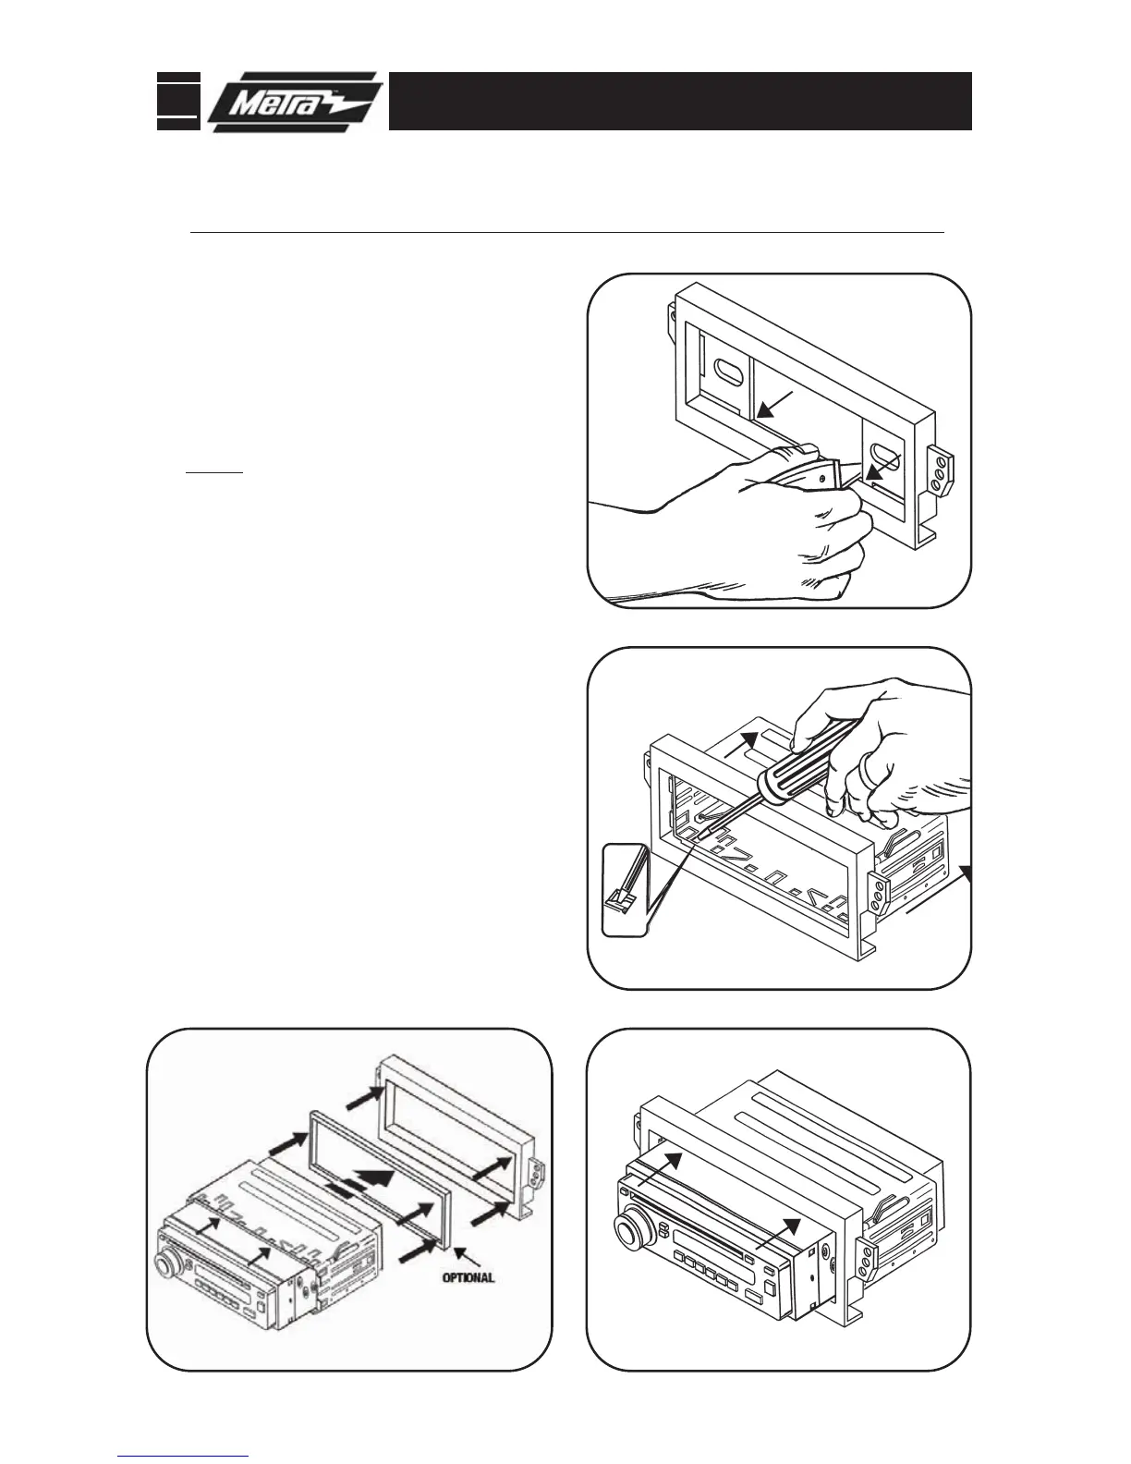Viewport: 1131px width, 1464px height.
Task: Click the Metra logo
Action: tap(294, 102)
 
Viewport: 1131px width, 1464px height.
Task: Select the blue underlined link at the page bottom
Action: tap(184, 1456)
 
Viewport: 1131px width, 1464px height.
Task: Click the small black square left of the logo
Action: tap(176, 101)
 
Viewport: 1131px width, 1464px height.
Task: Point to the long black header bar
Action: tap(680, 101)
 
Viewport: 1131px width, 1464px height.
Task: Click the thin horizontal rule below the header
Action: tap(566, 233)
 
